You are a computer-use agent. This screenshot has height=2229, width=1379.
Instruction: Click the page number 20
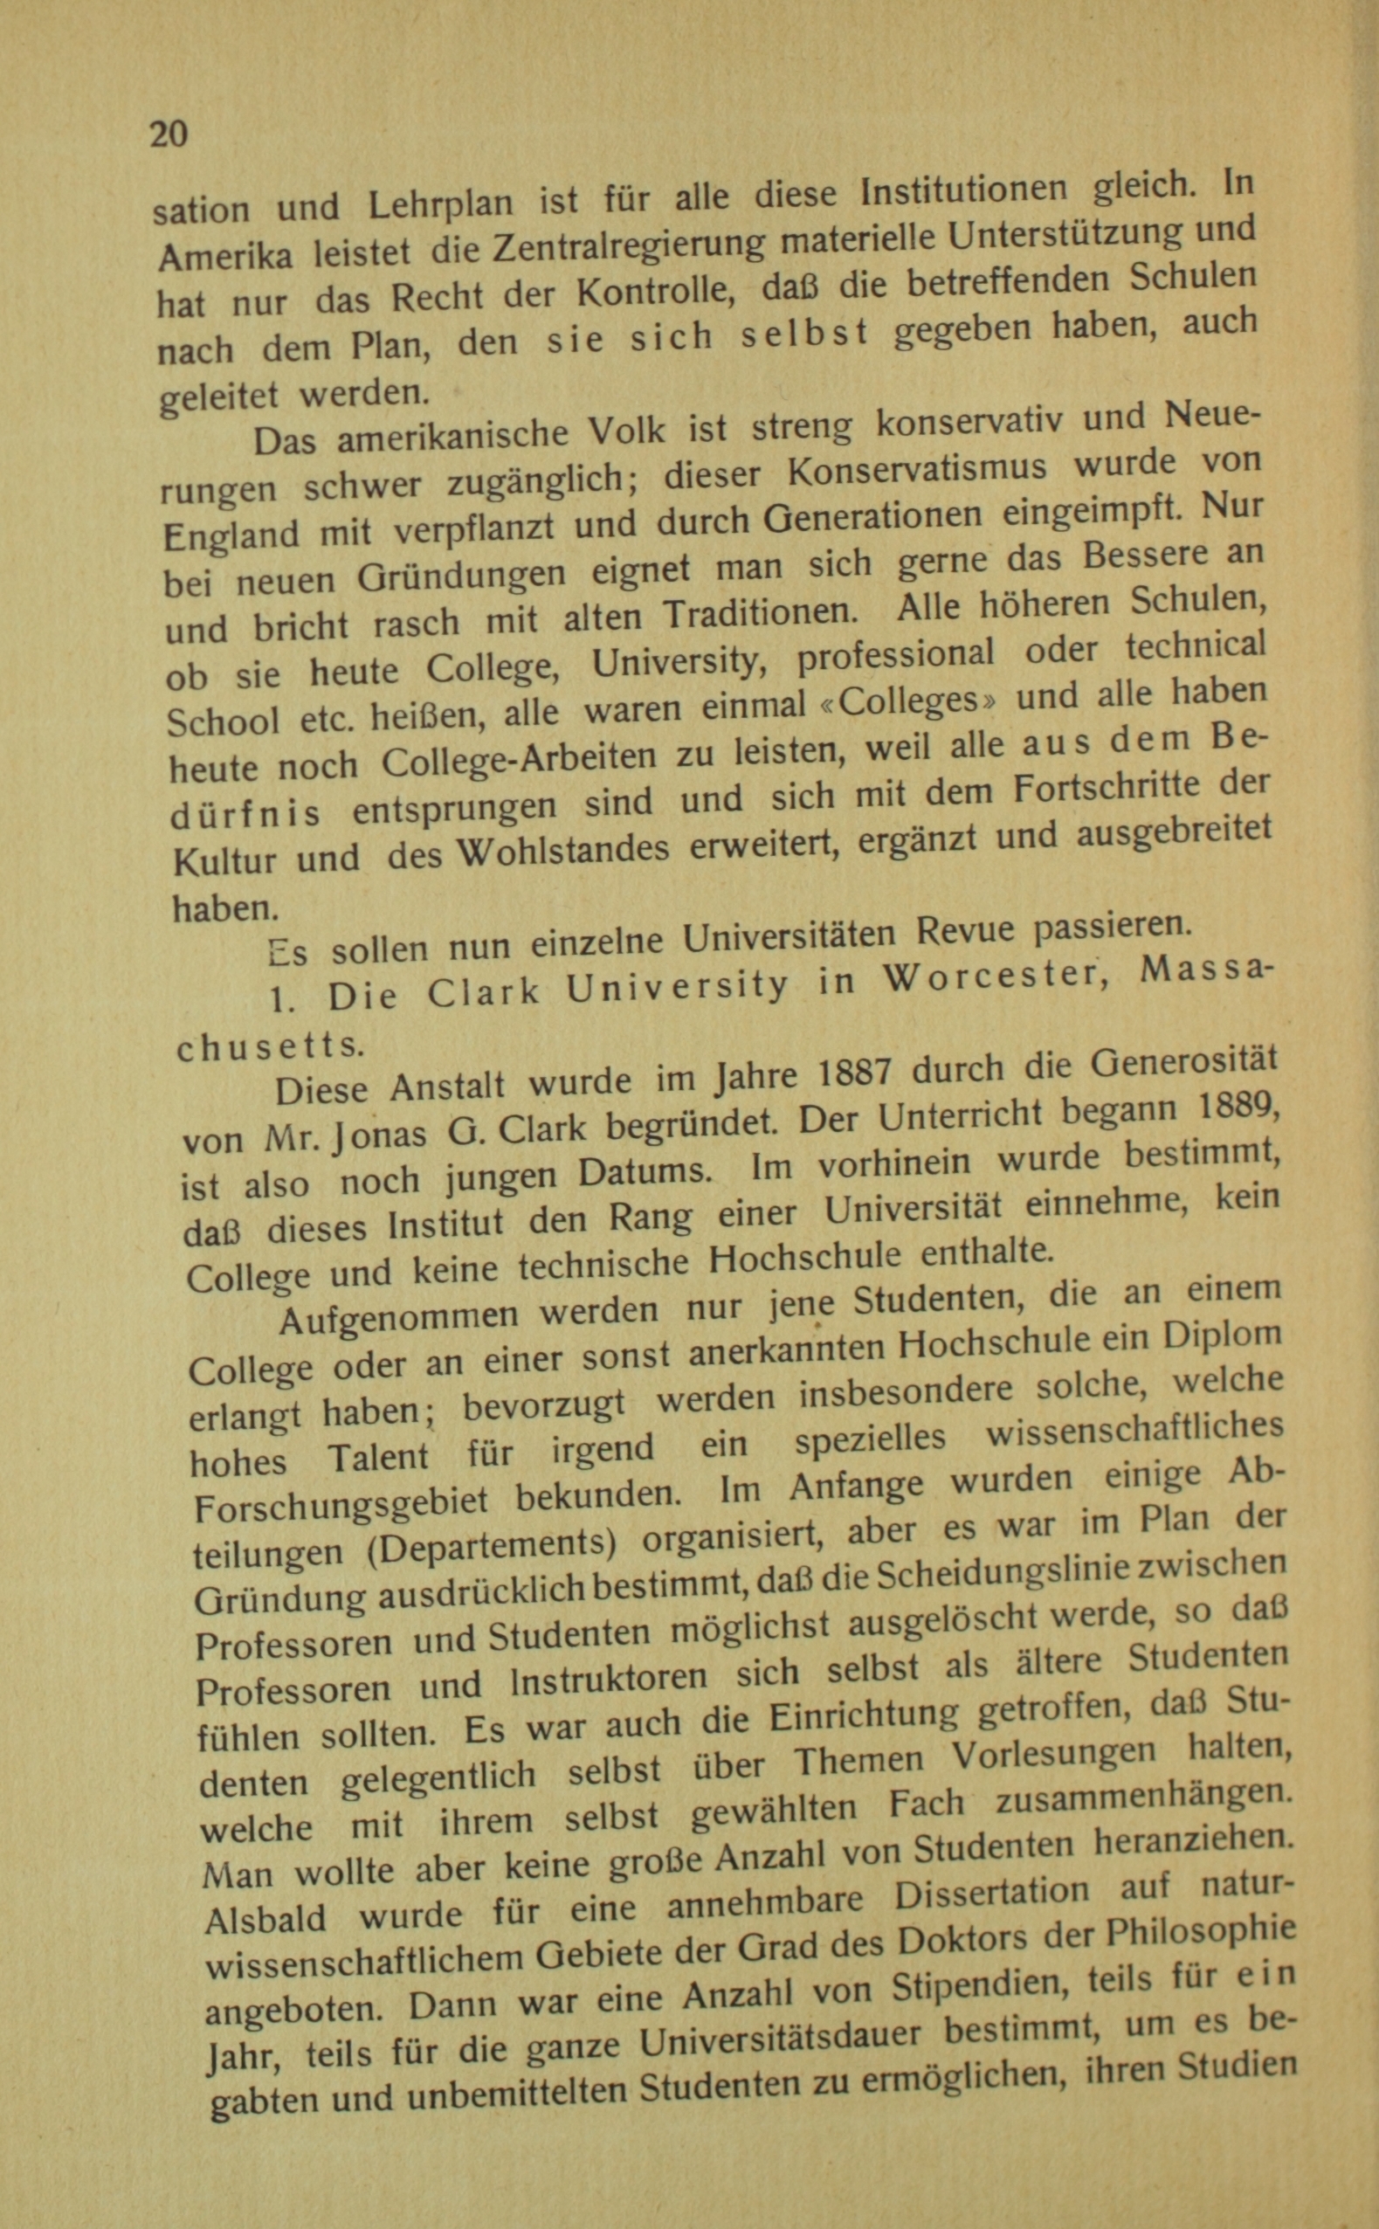pos(169,133)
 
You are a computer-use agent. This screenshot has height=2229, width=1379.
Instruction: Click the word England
pos(231,532)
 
